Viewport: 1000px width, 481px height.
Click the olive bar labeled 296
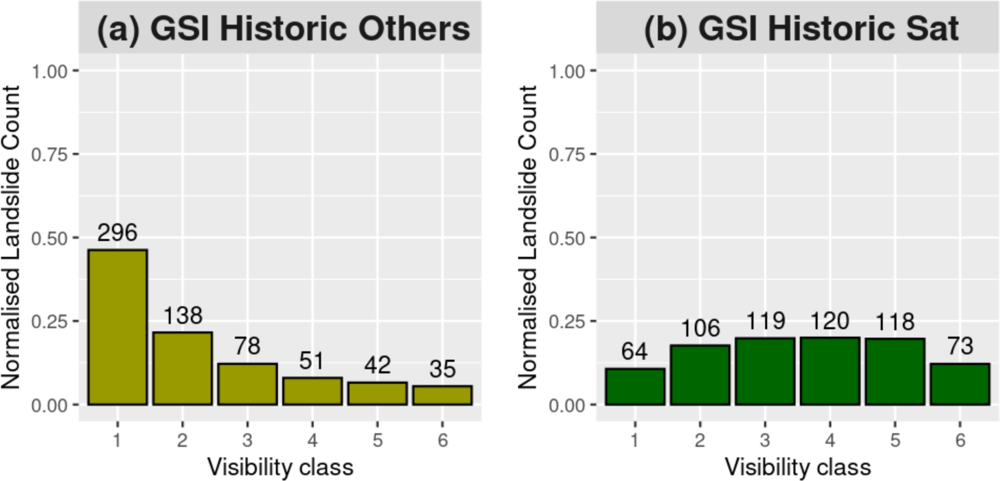pyautogui.click(x=117, y=327)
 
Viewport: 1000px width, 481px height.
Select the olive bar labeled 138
pyautogui.click(x=182, y=368)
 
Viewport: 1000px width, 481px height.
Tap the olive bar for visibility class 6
pyautogui.click(x=442, y=395)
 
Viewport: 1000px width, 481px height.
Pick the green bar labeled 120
pyautogui.click(x=830, y=371)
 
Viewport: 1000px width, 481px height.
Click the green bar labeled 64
pyautogui.click(x=635, y=386)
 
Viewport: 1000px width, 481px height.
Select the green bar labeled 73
pyautogui.click(x=960, y=384)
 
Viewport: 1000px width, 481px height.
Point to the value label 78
pyautogui.click(x=247, y=346)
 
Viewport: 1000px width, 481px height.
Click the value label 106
pyautogui.click(x=700, y=329)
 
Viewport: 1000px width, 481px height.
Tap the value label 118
pyautogui.click(x=895, y=322)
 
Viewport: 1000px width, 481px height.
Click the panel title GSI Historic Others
pyautogui.click(x=284, y=28)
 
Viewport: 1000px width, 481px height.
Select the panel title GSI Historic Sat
pyautogui.click(x=801, y=28)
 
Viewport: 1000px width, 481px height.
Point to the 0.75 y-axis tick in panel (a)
pyautogui.click(x=49, y=155)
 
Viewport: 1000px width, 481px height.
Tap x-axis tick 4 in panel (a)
pyautogui.click(x=312, y=440)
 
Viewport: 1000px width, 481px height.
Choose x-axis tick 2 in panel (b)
pyautogui.click(x=700, y=440)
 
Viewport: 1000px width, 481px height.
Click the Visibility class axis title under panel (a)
pyautogui.click(x=280, y=467)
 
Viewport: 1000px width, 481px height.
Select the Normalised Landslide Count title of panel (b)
pyautogui.click(x=528, y=237)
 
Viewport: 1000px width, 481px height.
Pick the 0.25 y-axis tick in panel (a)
pyautogui.click(x=49, y=321)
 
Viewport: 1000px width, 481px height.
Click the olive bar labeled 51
pyautogui.click(x=312, y=391)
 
